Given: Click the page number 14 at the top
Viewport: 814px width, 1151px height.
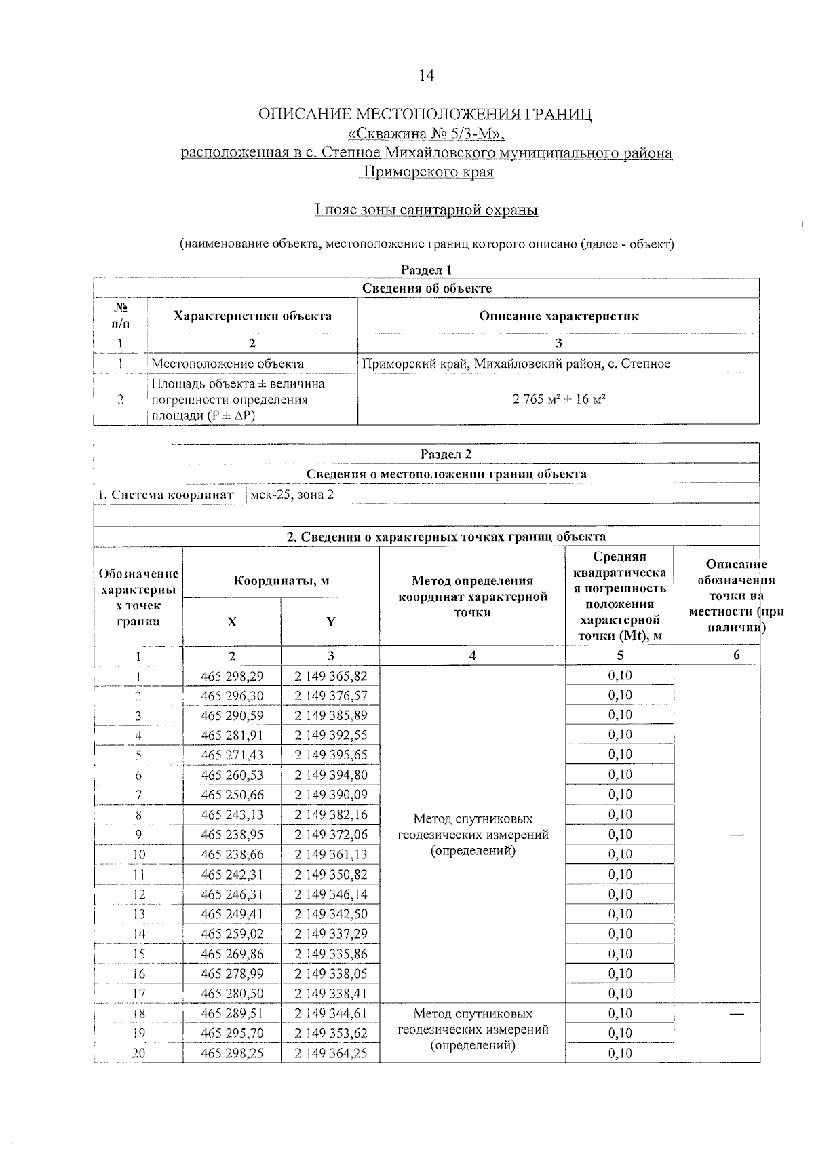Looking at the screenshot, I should [x=426, y=75].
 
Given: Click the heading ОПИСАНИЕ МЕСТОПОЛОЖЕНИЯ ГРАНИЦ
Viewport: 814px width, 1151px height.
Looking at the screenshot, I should [x=426, y=114].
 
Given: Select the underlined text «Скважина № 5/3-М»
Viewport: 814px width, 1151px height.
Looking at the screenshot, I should [x=426, y=133].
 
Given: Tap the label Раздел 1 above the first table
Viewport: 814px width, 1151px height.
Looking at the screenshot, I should [x=426, y=270].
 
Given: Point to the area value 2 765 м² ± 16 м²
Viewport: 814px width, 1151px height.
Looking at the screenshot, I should [x=559, y=399].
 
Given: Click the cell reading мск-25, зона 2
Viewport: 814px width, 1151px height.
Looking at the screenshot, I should [x=292, y=495].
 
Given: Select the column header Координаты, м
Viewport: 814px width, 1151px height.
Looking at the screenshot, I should [x=282, y=581].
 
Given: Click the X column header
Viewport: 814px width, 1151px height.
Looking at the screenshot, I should [x=232, y=622].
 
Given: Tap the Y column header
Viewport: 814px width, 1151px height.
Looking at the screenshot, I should [x=330, y=622].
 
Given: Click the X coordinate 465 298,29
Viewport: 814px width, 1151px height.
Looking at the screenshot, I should [x=232, y=676].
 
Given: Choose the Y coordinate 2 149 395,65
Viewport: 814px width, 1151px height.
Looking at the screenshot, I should [x=330, y=755].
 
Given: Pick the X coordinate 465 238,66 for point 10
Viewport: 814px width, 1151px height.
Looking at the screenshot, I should [x=232, y=854].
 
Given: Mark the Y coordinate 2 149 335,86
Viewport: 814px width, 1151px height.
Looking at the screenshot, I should [x=330, y=954].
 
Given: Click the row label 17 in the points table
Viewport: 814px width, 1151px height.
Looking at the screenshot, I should [x=138, y=994].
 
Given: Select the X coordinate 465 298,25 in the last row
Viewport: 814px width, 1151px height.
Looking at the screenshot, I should [x=232, y=1053].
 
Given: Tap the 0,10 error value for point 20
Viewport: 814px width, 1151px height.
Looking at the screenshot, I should [x=619, y=1053].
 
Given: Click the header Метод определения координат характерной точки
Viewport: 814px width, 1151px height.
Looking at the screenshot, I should [x=472, y=597].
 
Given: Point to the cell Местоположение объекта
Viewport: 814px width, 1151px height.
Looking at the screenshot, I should [x=228, y=364].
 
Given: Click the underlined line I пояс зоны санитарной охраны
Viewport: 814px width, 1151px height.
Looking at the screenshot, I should [x=426, y=210].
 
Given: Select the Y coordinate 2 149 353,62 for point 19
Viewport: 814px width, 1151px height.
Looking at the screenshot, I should [x=330, y=1033].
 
